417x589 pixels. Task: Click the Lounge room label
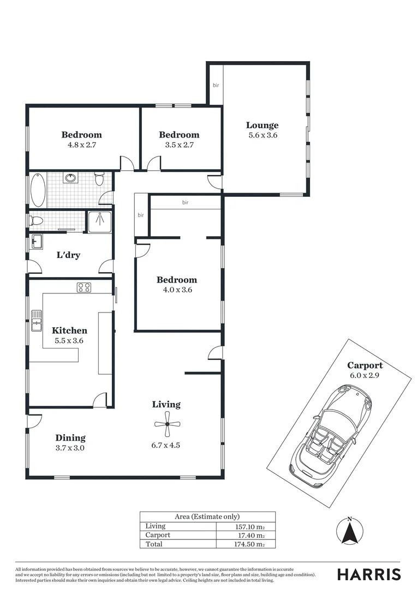tap(263, 125)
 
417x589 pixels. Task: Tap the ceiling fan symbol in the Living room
tap(166, 424)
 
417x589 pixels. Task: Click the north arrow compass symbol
tap(350, 531)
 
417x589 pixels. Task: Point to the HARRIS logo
tap(369, 574)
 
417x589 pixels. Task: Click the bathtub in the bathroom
tap(38, 189)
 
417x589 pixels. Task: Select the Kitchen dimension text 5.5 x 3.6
tap(69, 340)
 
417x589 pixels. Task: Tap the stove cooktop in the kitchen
tap(84, 287)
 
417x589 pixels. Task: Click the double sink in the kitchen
tap(37, 321)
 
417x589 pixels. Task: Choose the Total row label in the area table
tap(154, 544)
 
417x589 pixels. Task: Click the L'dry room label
tap(69, 255)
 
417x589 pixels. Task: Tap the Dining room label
tap(70, 438)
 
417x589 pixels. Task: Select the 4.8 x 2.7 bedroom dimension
tap(81, 145)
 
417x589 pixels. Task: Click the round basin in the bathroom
tap(70, 178)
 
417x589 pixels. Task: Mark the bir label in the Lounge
tap(216, 85)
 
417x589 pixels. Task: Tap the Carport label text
tap(365, 365)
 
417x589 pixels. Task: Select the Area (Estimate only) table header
tap(207, 516)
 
